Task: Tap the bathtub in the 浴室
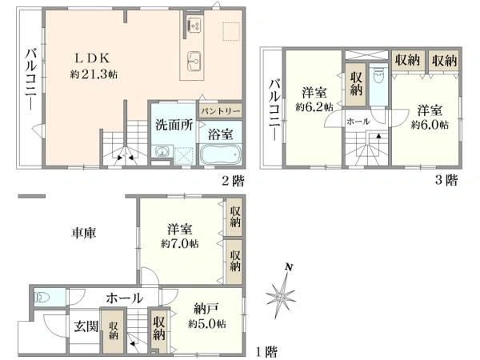click(x=221, y=155)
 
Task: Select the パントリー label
click(x=220, y=111)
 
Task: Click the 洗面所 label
click(x=174, y=125)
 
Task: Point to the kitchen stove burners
click(x=194, y=25)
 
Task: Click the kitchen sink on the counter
click(x=194, y=60)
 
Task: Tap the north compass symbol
click(x=281, y=294)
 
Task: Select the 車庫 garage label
click(x=84, y=233)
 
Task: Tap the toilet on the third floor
click(x=378, y=77)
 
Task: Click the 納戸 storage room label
click(x=206, y=309)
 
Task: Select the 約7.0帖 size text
click(x=180, y=244)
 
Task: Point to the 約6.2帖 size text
click(x=314, y=107)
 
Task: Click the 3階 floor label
click(x=446, y=180)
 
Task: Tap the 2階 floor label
click(x=234, y=182)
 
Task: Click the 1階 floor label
click(x=266, y=351)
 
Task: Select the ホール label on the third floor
click(x=358, y=122)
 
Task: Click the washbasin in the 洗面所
click(x=162, y=152)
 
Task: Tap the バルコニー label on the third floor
click(x=274, y=110)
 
